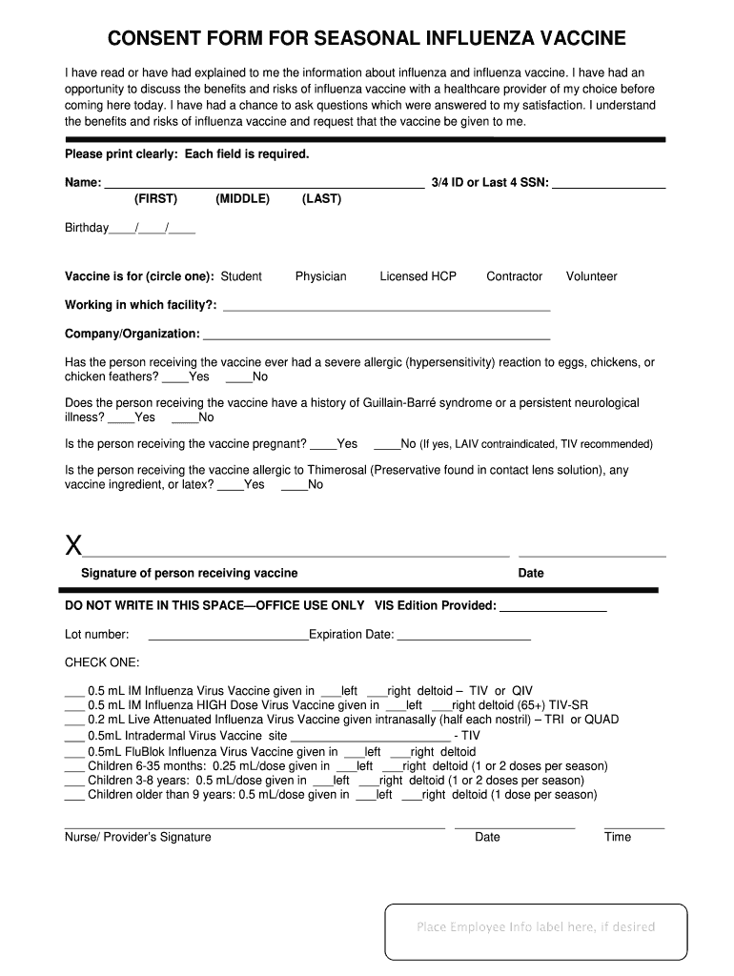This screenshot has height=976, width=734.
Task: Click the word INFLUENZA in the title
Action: pos(476,38)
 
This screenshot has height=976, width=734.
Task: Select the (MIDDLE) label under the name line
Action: pos(243,199)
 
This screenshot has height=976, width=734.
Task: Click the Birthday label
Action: pos(87,229)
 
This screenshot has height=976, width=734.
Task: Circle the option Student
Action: pos(241,276)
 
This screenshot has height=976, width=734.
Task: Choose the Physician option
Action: pos(321,276)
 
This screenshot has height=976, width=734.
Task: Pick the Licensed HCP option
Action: pos(418,276)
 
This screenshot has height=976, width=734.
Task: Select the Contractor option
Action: pos(514,276)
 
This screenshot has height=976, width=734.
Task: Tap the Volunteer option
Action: pos(591,276)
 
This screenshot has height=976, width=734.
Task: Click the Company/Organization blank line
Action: pos(377,337)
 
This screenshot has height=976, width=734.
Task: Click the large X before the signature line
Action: pos(72,546)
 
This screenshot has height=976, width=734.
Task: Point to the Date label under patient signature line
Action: pos(531,573)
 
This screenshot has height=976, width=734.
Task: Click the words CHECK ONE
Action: pos(102,662)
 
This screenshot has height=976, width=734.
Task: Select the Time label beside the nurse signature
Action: pos(618,837)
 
